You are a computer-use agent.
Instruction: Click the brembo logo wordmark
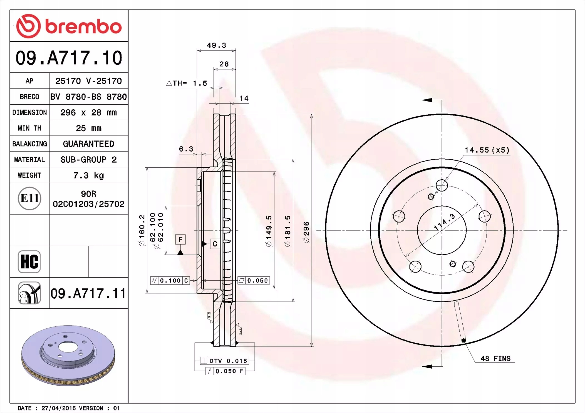(x=83, y=27)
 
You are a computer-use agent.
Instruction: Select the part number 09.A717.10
(x=69, y=58)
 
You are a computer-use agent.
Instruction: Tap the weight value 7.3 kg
(x=89, y=175)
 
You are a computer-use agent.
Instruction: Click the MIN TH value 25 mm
(x=89, y=128)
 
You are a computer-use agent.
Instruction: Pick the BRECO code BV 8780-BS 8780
(x=89, y=97)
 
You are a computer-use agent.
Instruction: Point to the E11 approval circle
(x=29, y=198)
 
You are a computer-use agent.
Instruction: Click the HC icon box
(x=29, y=261)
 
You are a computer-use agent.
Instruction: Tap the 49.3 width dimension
(x=217, y=45)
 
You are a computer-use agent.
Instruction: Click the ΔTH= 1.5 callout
(x=187, y=83)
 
